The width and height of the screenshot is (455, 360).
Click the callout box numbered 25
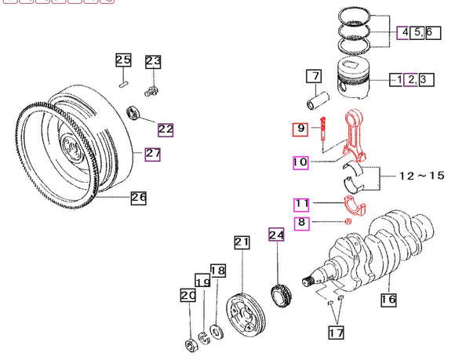point(124,60)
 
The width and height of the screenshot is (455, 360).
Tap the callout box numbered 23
point(153,61)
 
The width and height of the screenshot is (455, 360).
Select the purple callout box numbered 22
point(166,129)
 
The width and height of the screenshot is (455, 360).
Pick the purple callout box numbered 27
point(152,154)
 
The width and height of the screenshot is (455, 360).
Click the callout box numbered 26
point(138,198)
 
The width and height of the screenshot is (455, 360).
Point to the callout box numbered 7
point(314,77)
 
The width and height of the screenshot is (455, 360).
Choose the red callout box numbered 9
point(300,129)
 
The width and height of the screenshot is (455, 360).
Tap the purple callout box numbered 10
point(300,163)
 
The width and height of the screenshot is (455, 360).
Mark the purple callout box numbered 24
point(275,235)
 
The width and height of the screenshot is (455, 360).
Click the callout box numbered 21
point(242,243)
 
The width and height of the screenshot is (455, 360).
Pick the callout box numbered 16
point(388,299)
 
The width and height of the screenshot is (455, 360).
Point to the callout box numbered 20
point(187,296)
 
